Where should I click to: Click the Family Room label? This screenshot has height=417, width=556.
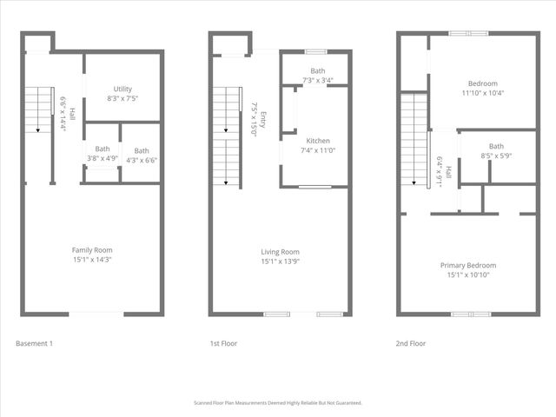(92, 250)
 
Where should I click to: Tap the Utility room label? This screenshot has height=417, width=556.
(122, 89)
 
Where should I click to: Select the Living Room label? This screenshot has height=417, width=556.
(280, 251)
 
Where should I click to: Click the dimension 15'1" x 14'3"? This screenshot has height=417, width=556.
(92, 259)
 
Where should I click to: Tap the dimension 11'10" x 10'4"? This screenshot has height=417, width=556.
(483, 92)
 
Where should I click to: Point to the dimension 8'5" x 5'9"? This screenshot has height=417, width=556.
(496, 155)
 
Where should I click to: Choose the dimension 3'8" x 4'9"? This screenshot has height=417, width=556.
(103, 158)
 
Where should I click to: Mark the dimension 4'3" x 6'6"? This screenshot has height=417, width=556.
(141, 160)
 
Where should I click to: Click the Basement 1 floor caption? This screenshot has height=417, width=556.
(35, 343)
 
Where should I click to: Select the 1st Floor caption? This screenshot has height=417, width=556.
(223, 343)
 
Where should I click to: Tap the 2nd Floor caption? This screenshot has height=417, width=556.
(411, 343)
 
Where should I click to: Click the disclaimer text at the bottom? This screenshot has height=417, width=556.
(278, 403)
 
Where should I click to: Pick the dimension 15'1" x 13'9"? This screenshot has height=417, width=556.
(280, 260)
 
